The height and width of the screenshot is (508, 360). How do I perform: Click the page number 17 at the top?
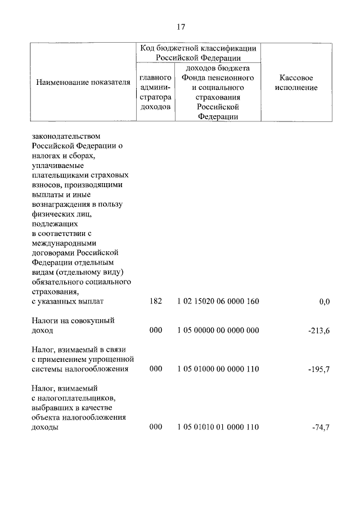pos(181,27)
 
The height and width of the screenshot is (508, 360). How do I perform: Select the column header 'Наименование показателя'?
pos(83,83)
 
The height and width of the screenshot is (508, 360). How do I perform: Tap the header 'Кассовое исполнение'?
pos(296,83)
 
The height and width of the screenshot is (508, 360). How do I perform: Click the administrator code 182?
pos(156,302)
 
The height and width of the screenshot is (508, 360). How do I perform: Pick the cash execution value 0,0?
pos(324,302)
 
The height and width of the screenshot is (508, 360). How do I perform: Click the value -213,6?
pos(319,331)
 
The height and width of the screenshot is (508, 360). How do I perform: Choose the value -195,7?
pos(319,370)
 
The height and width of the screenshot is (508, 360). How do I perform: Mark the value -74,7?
pos(321,428)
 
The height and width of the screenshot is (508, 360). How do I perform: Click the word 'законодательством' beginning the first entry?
pos(67,137)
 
